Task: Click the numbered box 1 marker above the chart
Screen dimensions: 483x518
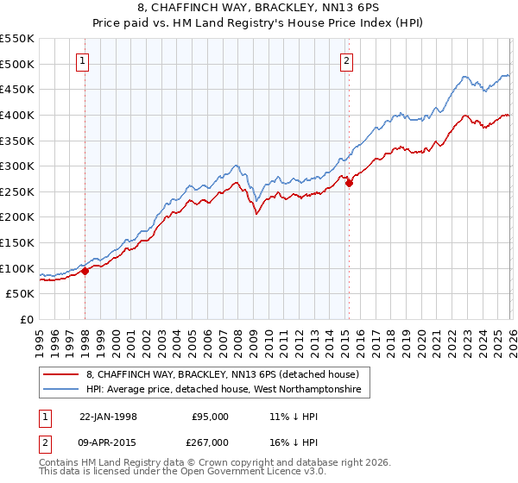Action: click(x=82, y=60)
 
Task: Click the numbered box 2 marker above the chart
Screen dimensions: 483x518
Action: click(x=346, y=60)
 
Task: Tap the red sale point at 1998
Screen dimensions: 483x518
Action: click(x=85, y=271)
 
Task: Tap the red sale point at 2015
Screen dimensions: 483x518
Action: click(x=349, y=183)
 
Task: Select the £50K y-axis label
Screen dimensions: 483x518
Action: click(x=21, y=294)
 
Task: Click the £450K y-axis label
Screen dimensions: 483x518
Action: click(x=18, y=89)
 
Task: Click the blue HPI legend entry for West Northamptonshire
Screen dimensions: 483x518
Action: click(x=228, y=391)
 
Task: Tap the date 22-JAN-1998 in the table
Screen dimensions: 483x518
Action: click(x=109, y=417)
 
